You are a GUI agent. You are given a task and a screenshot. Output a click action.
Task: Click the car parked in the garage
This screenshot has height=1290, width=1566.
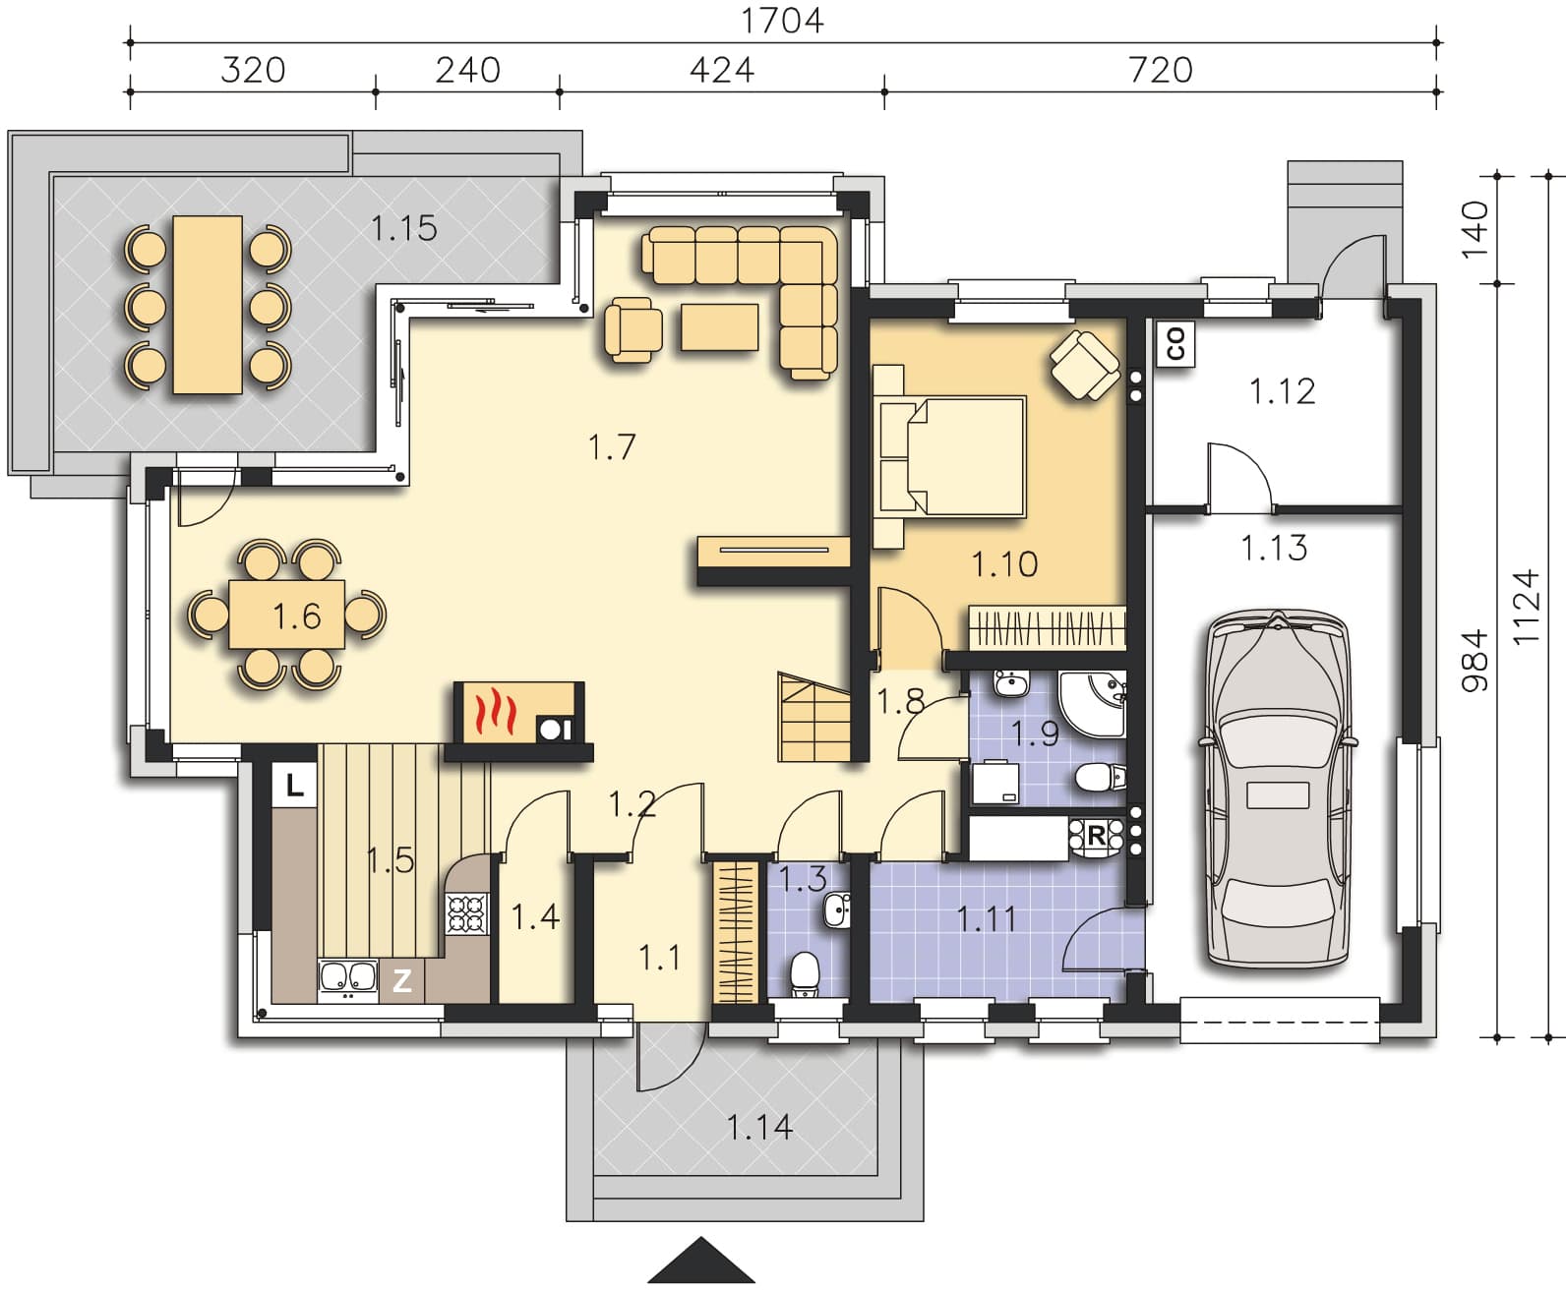click(x=1277, y=788)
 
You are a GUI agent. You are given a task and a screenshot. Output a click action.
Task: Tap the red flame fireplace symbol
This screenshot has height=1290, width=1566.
click(x=496, y=713)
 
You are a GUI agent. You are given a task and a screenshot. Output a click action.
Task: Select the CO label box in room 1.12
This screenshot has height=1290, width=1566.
click(x=1175, y=344)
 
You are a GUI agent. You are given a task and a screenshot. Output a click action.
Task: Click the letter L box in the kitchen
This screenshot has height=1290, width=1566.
click(x=294, y=784)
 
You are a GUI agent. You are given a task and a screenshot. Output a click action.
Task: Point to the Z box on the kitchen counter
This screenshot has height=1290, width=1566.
click(x=402, y=980)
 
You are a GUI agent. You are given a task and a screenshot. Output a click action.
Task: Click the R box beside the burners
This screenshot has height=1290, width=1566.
click(x=1097, y=836)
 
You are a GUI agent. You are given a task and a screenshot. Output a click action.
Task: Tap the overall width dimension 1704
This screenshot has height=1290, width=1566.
click(x=781, y=21)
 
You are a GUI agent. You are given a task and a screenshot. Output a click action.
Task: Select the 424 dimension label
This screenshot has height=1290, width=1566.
click(x=721, y=71)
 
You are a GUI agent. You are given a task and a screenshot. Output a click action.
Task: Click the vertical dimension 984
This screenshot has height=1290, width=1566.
click(x=1476, y=660)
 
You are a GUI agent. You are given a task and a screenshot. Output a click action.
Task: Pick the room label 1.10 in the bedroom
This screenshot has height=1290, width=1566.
click(x=1004, y=563)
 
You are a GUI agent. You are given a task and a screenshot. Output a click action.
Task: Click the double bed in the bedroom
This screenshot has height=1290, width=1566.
click(x=951, y=456)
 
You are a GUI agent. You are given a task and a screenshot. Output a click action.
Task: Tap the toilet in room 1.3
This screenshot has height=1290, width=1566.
click(x=805, y=973)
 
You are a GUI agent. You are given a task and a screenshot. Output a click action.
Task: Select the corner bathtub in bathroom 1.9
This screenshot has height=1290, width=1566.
click(x=1092, y=704)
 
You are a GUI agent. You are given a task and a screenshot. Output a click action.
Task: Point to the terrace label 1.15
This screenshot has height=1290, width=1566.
click(x=403, y=228)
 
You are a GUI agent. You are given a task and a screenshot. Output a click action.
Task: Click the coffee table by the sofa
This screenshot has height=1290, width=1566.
click(x=719, y=326)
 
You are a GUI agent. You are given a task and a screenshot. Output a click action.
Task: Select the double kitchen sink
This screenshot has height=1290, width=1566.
click(x=348, y=976)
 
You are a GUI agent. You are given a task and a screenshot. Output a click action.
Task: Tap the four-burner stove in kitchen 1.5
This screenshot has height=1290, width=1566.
click(x=467, y=913)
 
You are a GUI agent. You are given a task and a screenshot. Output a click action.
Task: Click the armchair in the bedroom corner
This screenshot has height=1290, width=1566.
click(x=1085, y=365)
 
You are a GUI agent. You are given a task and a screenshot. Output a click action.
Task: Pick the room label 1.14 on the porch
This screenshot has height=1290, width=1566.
click(x=759, y=1128)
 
